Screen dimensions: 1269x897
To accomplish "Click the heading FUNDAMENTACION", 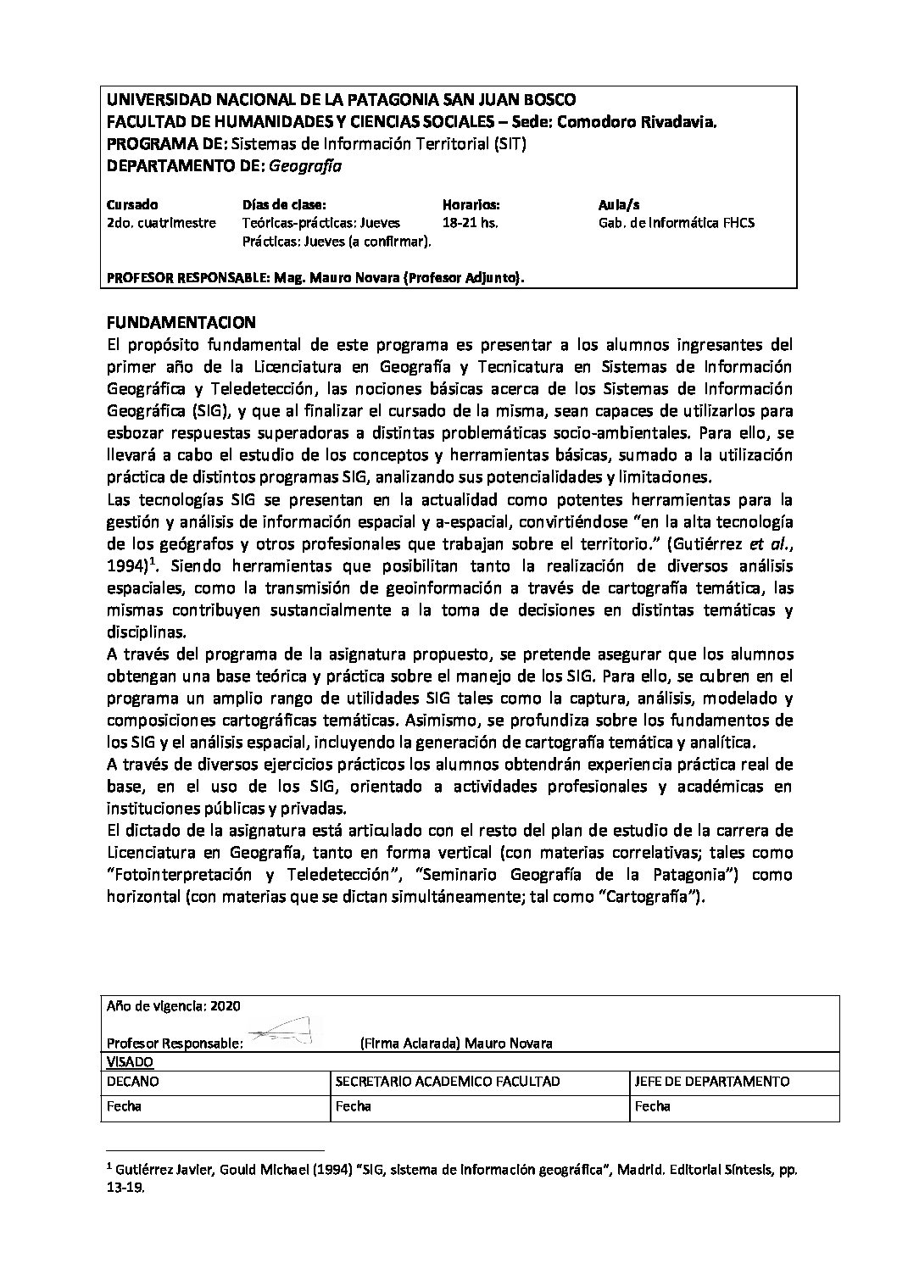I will point(181,323).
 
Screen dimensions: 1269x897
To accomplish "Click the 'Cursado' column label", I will point(132,205).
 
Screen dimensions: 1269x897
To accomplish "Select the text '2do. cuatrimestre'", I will point(161,223).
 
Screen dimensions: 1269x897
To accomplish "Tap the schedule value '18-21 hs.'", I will point(471,223).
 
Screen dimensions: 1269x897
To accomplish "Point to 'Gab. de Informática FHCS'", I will point(677,223).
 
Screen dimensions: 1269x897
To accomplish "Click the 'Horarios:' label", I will point(471,205).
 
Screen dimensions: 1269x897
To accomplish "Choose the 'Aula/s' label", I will point(619,205).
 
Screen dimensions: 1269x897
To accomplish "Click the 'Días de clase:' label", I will point(284,205).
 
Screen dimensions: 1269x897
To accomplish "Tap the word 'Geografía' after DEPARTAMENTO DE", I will point(305,166).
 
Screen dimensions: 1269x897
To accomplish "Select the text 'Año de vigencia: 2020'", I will point(174,1005).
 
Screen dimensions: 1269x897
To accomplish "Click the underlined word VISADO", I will point(129,1061).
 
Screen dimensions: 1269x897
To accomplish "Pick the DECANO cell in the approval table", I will point(132,1082).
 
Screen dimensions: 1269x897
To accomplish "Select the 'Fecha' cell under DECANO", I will point(124,1106).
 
